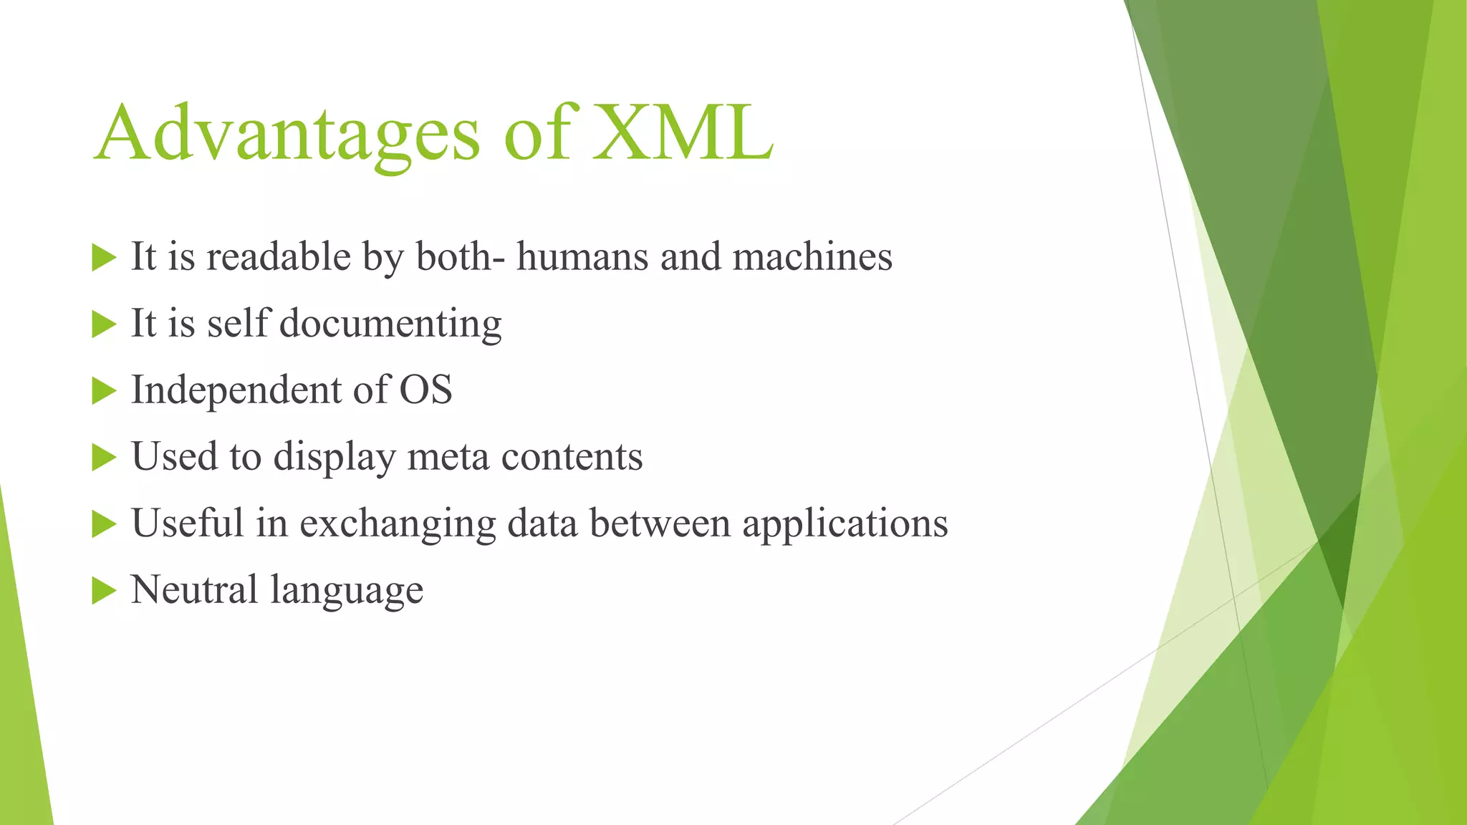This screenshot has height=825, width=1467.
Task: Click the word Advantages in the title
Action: point(287,134)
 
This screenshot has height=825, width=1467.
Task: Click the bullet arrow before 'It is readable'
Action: point(104,258)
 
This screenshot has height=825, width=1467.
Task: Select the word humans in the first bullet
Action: point(582,256)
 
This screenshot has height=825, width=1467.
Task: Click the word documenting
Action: point(390,324)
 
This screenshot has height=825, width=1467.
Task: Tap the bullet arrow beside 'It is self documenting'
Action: point(104,324)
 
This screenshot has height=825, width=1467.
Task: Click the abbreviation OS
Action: point(425,390)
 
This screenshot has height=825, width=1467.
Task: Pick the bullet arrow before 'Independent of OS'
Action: point(104,391)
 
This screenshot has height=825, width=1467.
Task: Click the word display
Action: point(335,458)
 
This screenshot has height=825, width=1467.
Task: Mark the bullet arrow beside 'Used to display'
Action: point(104,458)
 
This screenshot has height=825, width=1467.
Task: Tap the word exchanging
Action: point(398,524)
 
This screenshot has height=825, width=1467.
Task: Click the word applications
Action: point(845,524)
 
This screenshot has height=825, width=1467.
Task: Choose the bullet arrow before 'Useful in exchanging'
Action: point(104,524)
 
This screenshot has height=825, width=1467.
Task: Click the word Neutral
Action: point(194,589)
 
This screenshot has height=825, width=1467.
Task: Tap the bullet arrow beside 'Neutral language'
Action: point(104,591)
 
